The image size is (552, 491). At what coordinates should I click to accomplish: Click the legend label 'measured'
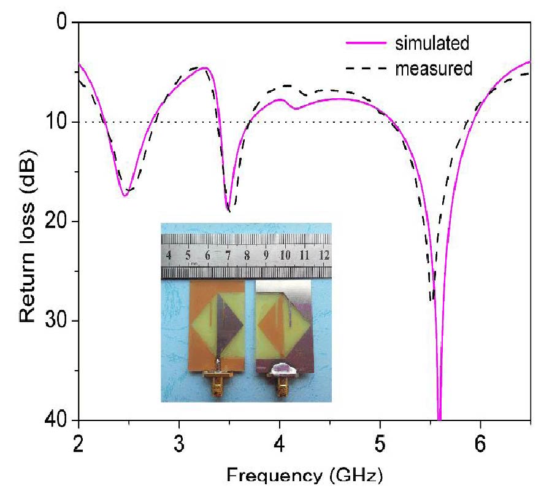click(x=434, y=69)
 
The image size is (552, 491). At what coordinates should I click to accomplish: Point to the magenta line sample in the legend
click(x=366, y=43)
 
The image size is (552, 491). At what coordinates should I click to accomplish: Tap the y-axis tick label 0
click(x=62, y=23)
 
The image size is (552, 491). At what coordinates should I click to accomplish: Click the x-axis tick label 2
click(x=79, y=442)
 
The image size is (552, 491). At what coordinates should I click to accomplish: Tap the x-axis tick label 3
click(x=179, y=442)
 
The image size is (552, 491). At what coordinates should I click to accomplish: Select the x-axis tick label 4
click(x=280, y=442)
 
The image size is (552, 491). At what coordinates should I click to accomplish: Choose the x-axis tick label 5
click(x=380, y=442)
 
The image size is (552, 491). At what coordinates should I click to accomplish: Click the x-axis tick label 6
click(x=481, y=442)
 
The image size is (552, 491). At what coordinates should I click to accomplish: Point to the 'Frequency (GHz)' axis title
click(x=304, y=476)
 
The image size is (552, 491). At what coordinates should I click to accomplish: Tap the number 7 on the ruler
click(x=227, y=254)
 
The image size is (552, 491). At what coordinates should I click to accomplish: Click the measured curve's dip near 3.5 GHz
click(x=229, y=211)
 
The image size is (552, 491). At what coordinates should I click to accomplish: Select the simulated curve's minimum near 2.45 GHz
click(x=125, y=196)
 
